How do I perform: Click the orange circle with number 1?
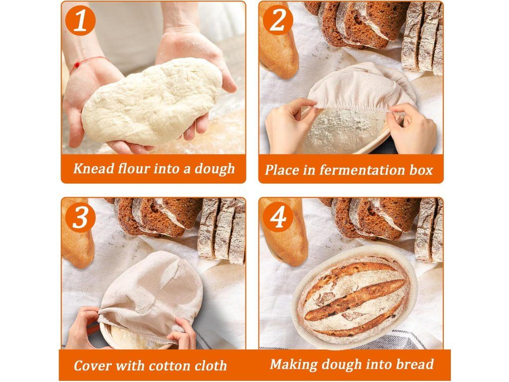tap(80, 20)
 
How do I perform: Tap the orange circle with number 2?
tap(278, 20)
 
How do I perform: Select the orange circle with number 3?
tap(80, 217)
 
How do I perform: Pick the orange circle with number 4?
tap(278, 217)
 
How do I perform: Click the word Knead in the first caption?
tap(94, 169)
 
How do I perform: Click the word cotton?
tap(167, 366)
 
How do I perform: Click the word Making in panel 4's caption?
tap(294, 365)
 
